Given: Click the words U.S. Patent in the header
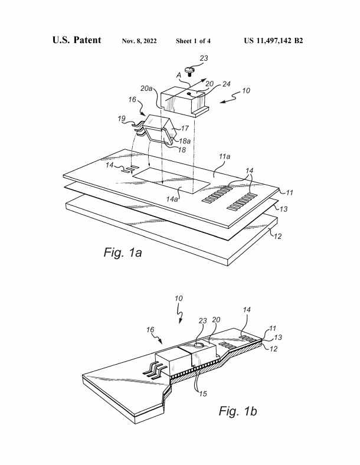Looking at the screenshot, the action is click(77, 40).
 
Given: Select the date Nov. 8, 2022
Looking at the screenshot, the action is click(139, 41).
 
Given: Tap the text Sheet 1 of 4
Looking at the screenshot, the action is click(193, 41).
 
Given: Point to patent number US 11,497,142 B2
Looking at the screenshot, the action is click(273, 41).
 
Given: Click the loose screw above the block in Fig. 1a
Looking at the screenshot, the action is click(189, 71).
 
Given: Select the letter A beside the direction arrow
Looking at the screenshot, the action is click(179, 76).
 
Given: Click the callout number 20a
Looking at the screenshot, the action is click(147, 89).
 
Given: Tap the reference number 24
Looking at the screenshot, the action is click(226, 84).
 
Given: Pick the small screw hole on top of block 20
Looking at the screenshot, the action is click(189, 94).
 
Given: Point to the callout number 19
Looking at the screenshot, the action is click(122, 119).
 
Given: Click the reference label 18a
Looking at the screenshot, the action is click(185, 141).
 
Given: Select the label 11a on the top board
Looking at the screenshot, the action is click(224, 156).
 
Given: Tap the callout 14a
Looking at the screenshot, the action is click(172, 199).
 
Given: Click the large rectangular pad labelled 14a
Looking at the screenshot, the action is click(171, 181).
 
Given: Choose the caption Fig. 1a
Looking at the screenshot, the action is click(123, 253).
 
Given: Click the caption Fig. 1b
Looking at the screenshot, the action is click(238, 411).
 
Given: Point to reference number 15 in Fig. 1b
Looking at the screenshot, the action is click(203, 394).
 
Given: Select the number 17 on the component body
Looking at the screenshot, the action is click(185, 129).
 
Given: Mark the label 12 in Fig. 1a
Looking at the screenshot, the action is click(277, 237).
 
